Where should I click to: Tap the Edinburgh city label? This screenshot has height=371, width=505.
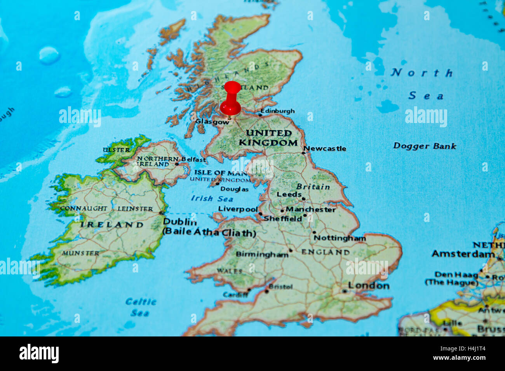click(277, 111)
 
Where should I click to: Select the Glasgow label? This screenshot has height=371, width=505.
click(212, 121)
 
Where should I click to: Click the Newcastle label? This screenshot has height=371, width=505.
click(325, 148)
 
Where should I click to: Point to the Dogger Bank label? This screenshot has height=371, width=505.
click(425, 146)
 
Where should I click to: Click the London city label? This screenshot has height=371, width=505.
click(368, 286)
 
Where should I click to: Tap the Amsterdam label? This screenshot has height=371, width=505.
click(463, 254)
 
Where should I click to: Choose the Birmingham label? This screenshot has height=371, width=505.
click(262, 255)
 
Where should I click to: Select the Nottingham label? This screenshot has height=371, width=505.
click(340, 238)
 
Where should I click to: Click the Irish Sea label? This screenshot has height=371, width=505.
click(212, 198)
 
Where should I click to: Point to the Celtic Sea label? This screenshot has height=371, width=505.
click(140, 307)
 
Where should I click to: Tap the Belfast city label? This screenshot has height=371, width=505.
click(193, 159)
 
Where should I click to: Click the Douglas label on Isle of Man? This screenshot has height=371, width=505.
click(234, 189)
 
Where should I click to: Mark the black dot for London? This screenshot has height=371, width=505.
click(345, 291)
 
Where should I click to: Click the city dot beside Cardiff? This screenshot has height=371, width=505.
click(249, 290)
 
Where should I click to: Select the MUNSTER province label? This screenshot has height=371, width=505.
click(80, 253)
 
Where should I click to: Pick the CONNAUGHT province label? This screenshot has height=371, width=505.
click(84, 208)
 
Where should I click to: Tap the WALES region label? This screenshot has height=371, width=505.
click(230, 271)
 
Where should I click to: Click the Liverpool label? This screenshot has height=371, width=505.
click(238, 209)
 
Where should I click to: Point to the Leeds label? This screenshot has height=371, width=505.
click(289, 194)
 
